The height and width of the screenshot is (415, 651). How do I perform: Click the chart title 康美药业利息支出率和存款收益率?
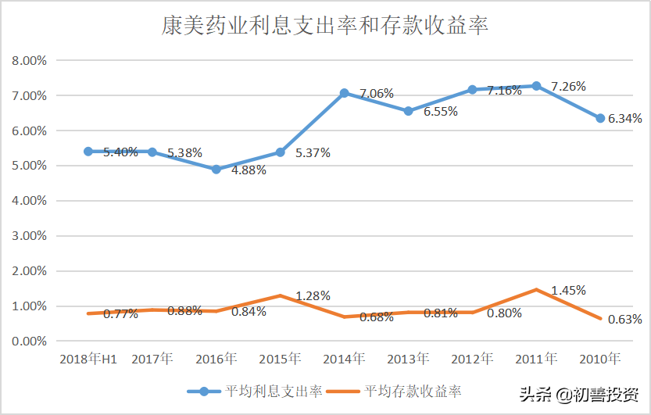pos(325,27)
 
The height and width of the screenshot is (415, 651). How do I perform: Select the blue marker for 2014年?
pos(344,93)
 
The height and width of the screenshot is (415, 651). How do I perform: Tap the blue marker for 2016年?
pos(216,170)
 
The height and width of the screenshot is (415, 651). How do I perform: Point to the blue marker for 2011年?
pos(536,86)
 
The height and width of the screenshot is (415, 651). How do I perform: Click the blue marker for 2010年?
pos(600,118)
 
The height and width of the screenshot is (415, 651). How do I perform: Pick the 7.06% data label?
pos(377,94)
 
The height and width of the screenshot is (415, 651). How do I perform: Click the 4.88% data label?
pos(249,170)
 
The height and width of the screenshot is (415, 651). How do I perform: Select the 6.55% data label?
pos(441,112)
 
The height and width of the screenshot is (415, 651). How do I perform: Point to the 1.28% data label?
pos(313,296)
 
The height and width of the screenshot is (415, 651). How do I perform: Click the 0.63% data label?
pos(625,319)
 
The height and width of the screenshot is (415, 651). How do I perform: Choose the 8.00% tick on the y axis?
pos(30,60)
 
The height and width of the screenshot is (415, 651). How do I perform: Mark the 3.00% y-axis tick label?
pos(30,235)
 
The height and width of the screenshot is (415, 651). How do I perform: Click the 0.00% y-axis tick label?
pos(30,341)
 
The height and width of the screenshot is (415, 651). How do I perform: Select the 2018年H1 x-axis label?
pos(88,360)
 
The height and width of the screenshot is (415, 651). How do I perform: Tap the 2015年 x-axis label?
pos(280,360)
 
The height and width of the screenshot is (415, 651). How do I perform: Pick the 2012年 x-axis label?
pos(472,360)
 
